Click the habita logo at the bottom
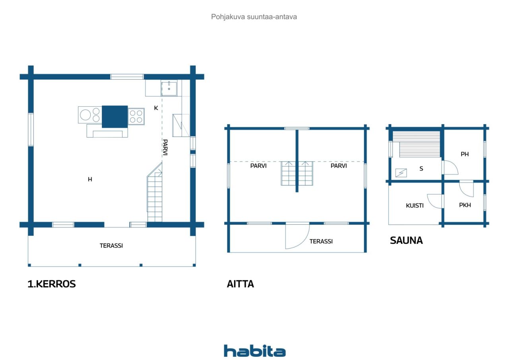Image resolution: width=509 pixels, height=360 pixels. pos(254,351)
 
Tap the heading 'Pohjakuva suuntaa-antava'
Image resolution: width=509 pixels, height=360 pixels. pos(254,17)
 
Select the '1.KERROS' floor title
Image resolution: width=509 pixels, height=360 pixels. pos(52,284)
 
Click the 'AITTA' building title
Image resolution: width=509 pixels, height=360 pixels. pos(240,284)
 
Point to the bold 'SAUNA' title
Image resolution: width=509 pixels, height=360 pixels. pos(406,240)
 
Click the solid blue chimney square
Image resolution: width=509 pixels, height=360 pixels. pos(115,117)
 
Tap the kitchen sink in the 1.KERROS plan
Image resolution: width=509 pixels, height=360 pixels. pos(169,89)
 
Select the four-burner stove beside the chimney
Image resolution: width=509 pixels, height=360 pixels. pos(136,117)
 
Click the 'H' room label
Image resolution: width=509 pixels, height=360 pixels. pos(90,179)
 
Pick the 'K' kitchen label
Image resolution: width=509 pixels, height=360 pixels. pos(156,108)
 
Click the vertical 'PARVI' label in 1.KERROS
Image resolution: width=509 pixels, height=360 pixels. pos(165,147)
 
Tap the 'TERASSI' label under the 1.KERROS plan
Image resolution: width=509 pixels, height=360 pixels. pos(111,245)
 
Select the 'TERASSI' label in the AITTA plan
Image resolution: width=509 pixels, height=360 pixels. pos(321,241)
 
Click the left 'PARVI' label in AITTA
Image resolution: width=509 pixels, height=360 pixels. pos(258,166)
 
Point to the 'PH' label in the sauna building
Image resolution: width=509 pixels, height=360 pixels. pos(465,154)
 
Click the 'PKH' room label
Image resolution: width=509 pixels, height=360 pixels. pos(465,205)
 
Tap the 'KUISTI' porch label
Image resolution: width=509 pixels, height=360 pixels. pos(415,205)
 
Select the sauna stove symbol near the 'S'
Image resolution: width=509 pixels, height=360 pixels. pos(401,173)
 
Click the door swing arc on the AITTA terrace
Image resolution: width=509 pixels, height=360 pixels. pos(304,241)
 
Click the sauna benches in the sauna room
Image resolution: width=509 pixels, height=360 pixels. pos(416,144)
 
